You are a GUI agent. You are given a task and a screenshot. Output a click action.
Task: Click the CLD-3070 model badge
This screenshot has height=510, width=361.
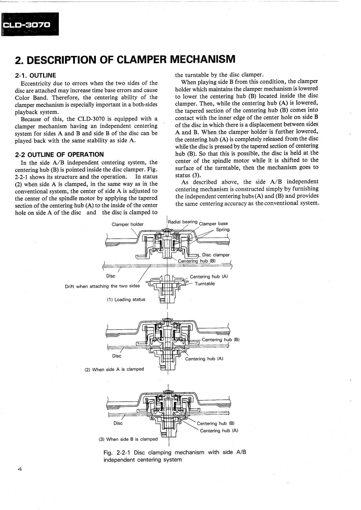(30, 24)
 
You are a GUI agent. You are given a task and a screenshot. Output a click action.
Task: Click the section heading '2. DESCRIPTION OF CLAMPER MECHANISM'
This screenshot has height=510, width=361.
(125, 59)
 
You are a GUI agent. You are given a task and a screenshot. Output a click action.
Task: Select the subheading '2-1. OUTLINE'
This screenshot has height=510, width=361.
(35, 75)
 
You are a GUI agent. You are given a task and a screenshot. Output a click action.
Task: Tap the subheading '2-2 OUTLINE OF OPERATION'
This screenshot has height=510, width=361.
(59, 155)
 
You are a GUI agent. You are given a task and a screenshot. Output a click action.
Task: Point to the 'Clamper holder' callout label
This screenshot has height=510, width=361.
(127, 224)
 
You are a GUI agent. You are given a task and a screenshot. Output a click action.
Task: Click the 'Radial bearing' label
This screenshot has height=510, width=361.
(183, 222)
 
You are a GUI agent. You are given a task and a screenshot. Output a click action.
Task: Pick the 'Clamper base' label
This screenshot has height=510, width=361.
(213, 223)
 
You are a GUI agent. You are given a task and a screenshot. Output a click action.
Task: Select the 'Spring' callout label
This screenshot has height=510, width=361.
(223, 229)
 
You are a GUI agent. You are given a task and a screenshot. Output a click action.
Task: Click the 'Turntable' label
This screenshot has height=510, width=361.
(205, 284)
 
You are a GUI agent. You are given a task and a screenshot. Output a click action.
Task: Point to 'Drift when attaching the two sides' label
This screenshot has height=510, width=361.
(102, 286)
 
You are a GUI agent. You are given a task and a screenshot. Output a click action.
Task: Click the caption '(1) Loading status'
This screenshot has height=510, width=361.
(126, 299)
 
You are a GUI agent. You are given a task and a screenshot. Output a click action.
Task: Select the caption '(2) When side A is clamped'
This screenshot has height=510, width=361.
(114, 369)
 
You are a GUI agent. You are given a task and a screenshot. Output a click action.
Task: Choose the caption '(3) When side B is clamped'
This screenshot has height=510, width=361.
(128, 439)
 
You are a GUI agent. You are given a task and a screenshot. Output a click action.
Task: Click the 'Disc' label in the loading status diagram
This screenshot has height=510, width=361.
(111, 276)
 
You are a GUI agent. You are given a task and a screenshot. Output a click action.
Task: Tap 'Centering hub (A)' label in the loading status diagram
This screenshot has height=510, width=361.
(209, 277)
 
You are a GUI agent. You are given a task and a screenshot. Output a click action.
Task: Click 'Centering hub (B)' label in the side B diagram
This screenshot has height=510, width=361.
(215, 423)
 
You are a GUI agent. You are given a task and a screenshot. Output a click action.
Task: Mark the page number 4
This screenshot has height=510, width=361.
(19, 469)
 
